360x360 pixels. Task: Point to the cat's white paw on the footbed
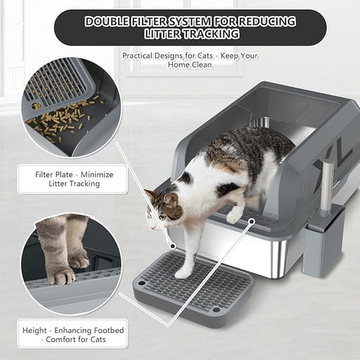pos(182,273)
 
